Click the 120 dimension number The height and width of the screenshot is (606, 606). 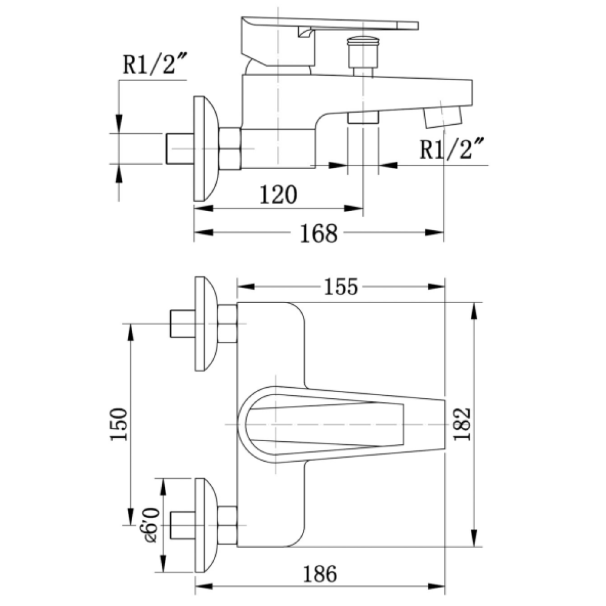pos(278,195)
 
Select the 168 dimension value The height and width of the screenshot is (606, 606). pos(319,233)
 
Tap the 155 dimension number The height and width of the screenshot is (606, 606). pos(341,287)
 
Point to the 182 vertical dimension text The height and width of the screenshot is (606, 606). pos(462,424)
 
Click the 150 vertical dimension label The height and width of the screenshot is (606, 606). pos(119,424)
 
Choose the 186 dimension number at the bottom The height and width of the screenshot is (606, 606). pos(320,574)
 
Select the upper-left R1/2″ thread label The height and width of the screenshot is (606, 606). pos(155,64)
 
